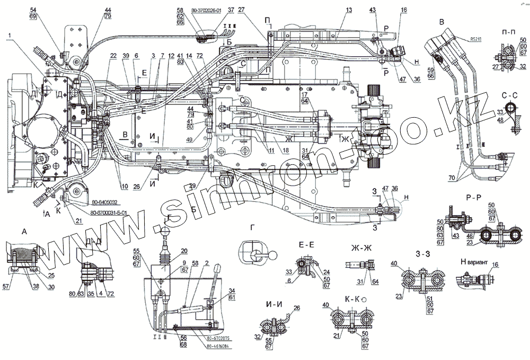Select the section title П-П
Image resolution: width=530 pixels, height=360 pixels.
(x=506, y=33)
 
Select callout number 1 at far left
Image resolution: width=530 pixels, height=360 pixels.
(x=9, y=36)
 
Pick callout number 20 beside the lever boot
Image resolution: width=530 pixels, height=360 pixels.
(x=184, y=251)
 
